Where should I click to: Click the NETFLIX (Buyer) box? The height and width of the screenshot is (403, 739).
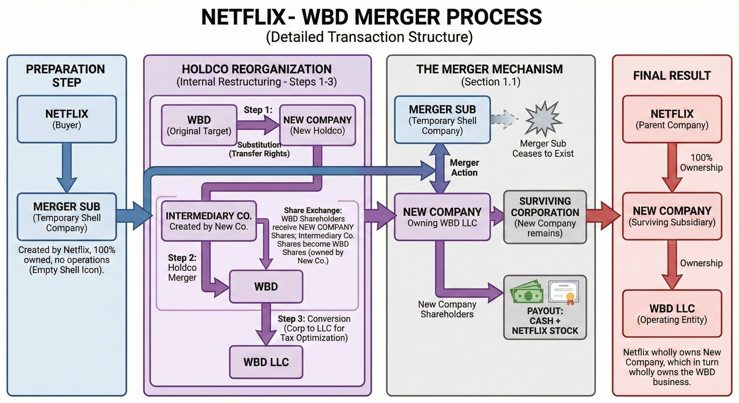tap(67, 119)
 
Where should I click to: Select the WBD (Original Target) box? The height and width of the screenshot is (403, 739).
tap(199, 125)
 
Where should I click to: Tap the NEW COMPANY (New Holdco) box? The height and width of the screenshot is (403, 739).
tap(318, 125)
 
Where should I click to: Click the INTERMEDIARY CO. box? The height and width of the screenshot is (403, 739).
tap(209, 221)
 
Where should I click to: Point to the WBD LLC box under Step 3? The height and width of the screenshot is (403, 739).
tap(266, 362)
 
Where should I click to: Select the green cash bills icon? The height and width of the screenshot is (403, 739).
tap(528, 292)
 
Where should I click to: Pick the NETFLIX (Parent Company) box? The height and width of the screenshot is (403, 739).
tap(672, 119)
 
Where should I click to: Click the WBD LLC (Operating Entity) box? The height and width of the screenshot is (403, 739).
tap(672, 314)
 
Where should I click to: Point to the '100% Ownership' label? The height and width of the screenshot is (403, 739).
tap(701, 163)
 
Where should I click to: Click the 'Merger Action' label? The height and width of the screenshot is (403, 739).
tap(464, 168)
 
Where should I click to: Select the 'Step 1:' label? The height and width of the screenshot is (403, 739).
tap(258, 110)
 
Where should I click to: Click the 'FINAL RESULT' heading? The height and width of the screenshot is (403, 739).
tap(672, 75)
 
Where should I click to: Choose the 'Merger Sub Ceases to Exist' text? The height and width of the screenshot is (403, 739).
tap(543, 149)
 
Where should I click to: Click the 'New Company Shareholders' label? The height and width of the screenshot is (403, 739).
tap(447, 309)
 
